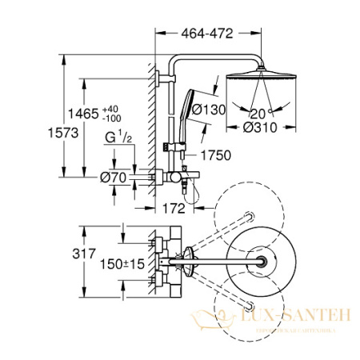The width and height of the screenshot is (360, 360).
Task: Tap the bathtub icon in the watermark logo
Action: (x=212, y=323)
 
